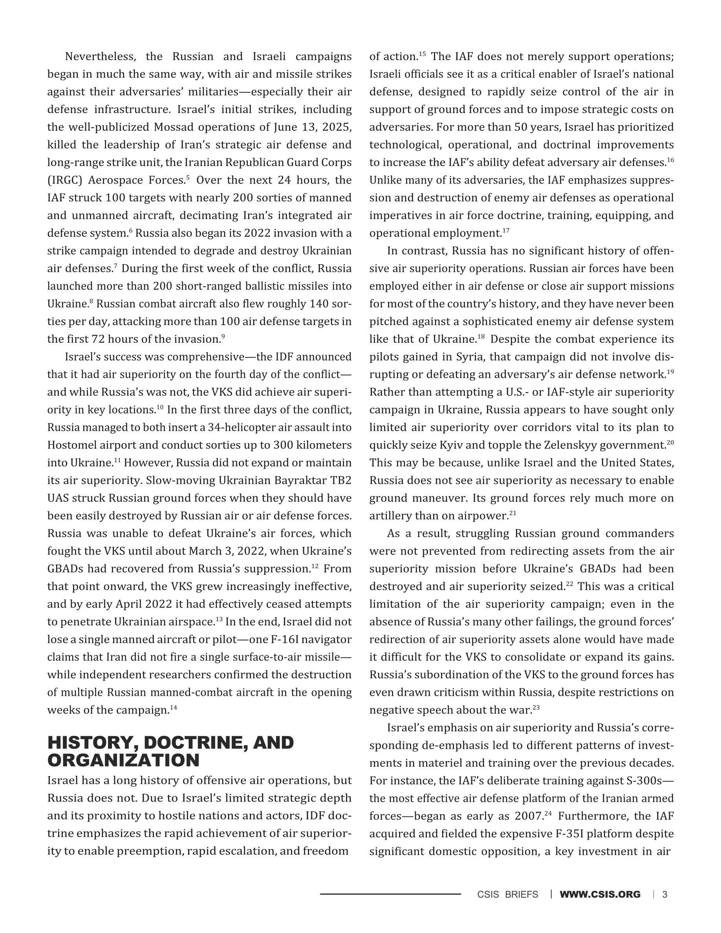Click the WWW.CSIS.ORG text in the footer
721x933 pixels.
click(600, 894)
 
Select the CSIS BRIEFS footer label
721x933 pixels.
click(507, 894)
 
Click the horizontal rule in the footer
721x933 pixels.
click(390, 894)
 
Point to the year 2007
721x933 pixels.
click(528, 816)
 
